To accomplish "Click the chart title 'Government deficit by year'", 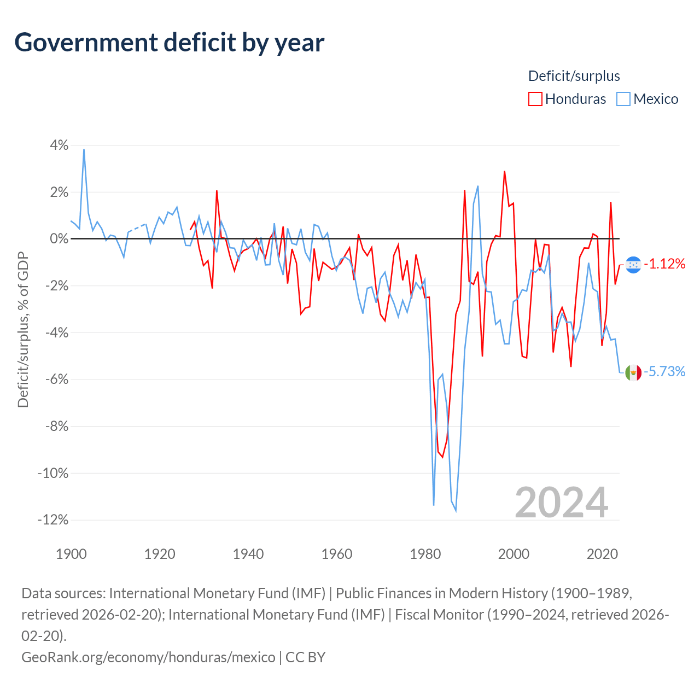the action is (169, 43).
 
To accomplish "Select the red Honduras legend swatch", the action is (535, 99).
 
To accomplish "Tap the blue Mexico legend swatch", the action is (623, 99).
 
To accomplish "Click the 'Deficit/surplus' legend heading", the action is (574, 76).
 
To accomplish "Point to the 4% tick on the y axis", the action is (59, 145).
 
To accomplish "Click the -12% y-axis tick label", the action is (53, 520).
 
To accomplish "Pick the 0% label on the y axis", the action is (59, 238).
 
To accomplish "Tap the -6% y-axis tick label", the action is (57, 379).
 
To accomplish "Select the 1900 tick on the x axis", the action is (71, 555).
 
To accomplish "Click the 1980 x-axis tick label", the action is (425, 555).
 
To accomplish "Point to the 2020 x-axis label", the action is (602, 555).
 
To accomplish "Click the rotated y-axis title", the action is (24, 329).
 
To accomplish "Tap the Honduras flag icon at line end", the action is (633, 265).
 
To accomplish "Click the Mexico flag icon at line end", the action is (633, 373).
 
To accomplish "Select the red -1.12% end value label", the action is (665, 264).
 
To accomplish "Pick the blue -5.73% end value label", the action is (665, 372).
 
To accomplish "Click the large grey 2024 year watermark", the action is (562, 503).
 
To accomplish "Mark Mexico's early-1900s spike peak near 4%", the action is (84, 149).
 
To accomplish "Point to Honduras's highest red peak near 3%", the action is (505, 172).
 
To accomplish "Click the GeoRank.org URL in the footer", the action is (148, 657).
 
